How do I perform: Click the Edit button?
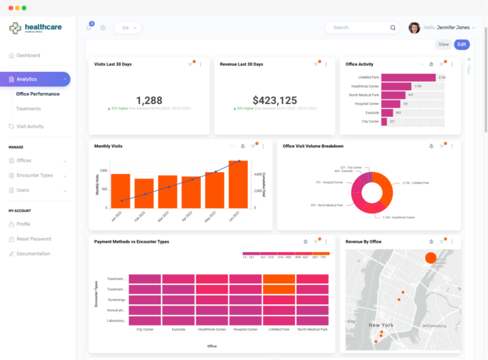tap(462, 44)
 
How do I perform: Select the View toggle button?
tap(444, 44)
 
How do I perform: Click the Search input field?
tap(359, 27)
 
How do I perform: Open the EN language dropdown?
tap(128, 28)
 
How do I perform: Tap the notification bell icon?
tap(89, 27)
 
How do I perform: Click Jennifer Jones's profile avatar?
tap(414, 27)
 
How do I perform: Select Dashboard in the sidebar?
tap(28, 55)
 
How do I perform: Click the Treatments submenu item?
tap(28, 109)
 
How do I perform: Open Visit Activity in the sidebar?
tap(30, 126)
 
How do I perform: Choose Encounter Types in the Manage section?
tap(34, 175)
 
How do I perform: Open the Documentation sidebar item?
tap(33, 253)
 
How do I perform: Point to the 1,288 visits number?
tap(149, 100)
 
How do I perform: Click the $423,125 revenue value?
tap(274, 100)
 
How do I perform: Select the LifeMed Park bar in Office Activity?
tap(408, 77)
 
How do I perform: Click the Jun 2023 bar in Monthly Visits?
tap(238, 185)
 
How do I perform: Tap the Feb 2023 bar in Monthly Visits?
tap(144, 194)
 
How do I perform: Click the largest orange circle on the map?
tap(430, 258)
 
